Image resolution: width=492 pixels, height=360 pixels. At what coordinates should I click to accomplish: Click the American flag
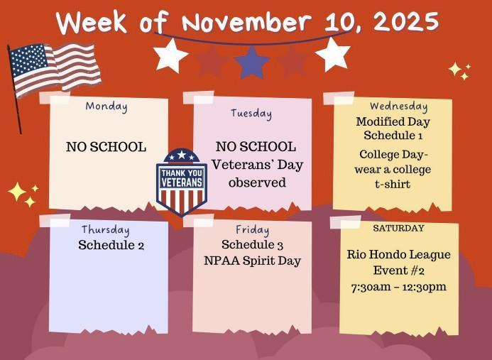(54, 69)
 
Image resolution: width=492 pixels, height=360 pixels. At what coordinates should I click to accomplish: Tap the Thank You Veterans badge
(181, 180)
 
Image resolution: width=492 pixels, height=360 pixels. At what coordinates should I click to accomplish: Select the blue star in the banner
(251, 62)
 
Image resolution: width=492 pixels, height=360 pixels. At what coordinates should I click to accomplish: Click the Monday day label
(106, 107)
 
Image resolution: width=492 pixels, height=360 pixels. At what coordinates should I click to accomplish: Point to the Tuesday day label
(251, 113)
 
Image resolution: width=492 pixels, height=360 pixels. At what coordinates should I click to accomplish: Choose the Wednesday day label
(398, 107)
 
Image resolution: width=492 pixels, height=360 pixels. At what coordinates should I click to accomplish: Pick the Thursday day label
(105, 229)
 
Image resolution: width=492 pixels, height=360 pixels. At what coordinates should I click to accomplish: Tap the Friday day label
(252, 230)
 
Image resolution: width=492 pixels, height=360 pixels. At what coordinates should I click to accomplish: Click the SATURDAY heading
(398, 229)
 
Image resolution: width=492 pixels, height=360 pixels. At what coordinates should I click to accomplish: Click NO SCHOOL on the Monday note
(106, 147)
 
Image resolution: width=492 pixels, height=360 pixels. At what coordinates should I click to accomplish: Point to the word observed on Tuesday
(257, 182)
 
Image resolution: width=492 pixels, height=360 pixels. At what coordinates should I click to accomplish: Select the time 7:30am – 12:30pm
(399, 287)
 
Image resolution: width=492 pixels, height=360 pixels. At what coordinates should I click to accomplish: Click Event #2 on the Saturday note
(399, 271)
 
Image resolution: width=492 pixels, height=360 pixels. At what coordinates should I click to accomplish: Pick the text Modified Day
(393, 121)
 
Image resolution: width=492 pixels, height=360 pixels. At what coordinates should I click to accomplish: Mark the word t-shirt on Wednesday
(393, 184)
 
